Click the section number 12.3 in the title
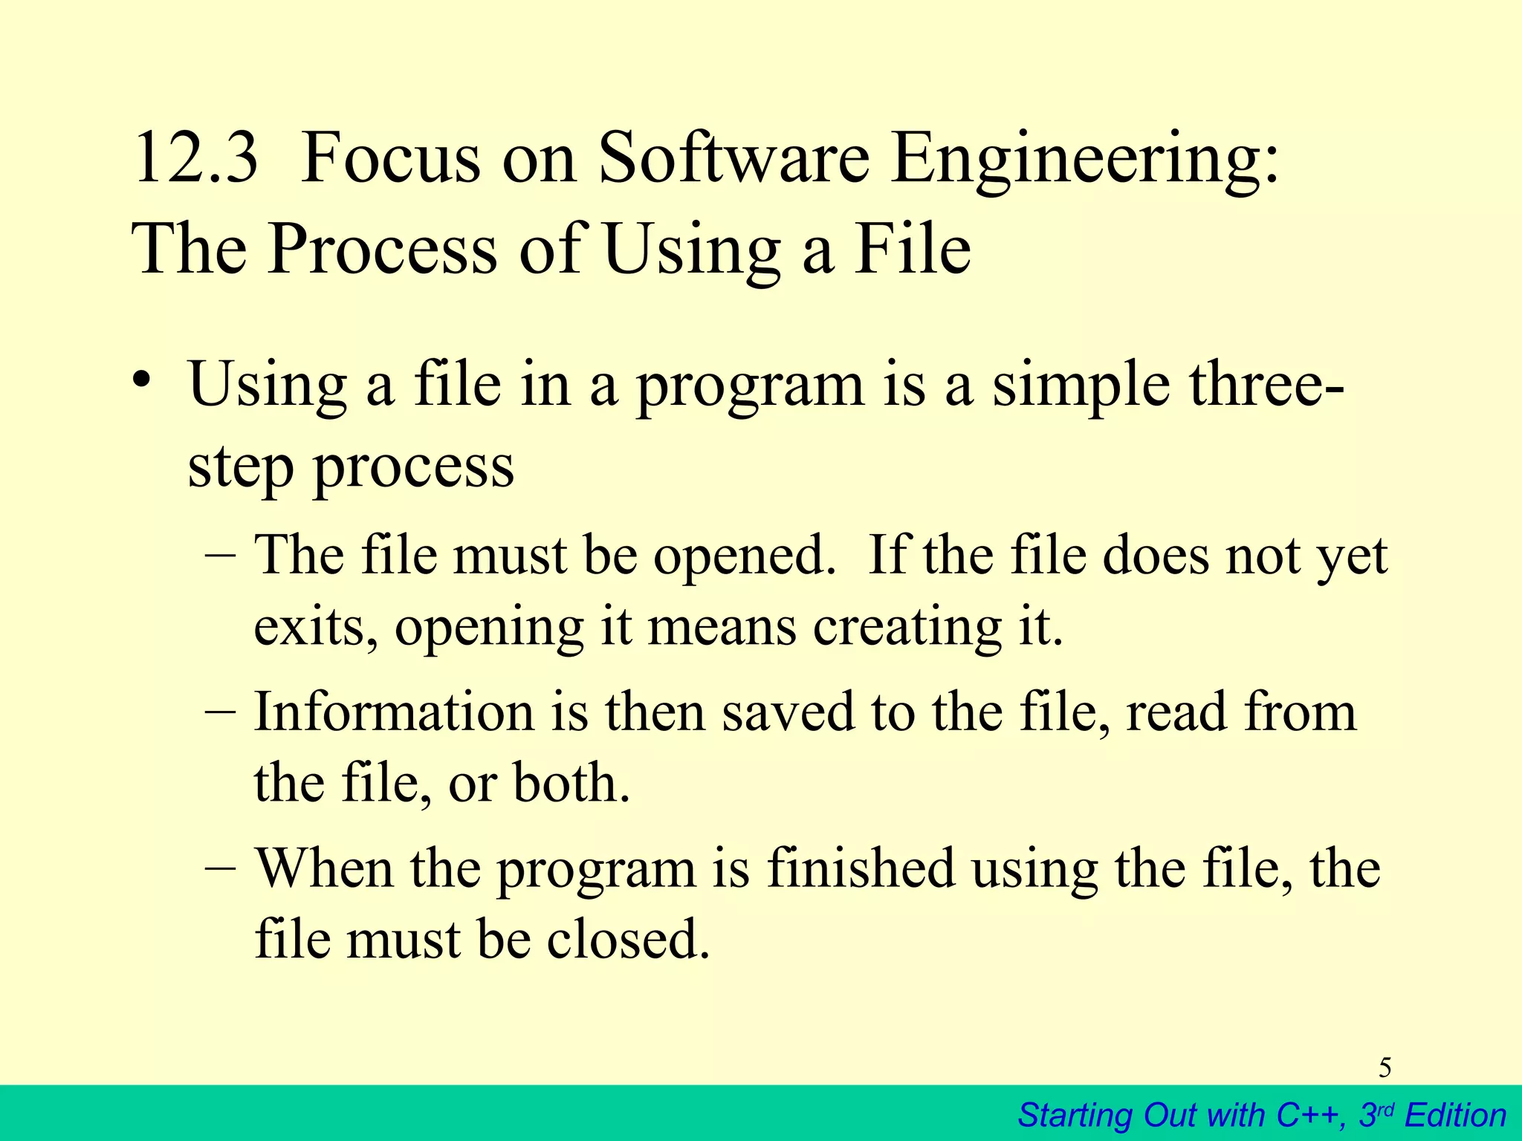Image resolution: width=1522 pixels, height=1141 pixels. (x=195, y=157)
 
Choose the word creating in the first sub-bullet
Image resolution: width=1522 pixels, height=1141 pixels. (x=907, y=628)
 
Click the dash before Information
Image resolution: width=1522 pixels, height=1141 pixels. (x=220, y=711)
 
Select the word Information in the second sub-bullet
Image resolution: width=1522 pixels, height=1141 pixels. (x=394, y=711)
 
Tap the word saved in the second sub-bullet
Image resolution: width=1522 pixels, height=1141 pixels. (x=788, y=711)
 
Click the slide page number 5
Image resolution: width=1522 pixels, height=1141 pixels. (x=1385, y=1067)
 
